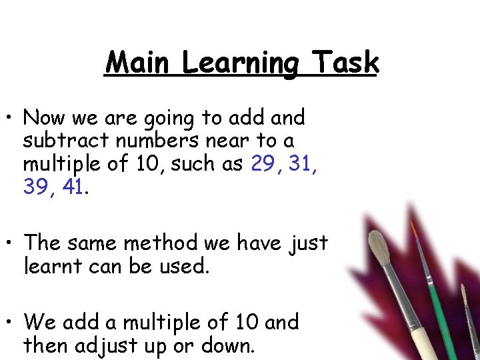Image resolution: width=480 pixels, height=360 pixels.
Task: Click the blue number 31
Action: coord(304,163)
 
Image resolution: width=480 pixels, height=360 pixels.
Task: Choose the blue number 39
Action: coord(38,187)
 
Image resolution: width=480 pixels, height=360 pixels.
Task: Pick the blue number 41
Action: coord(73,187)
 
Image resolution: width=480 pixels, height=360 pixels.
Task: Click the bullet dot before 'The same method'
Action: coord(11,243)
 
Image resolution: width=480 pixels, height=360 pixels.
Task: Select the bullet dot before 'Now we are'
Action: coord(11,119)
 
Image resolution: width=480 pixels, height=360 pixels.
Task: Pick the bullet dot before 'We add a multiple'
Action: coord(11,323)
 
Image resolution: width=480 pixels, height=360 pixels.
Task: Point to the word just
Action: coord(309,244)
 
